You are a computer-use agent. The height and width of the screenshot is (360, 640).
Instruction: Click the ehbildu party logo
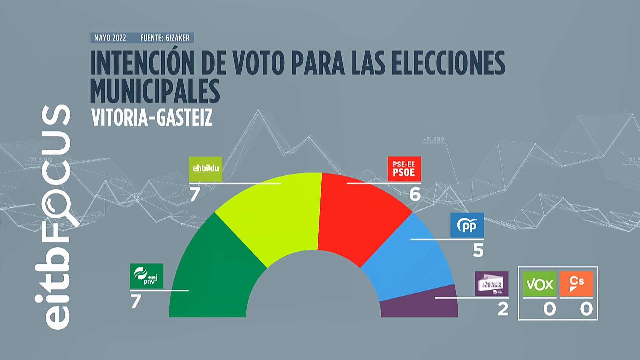206,169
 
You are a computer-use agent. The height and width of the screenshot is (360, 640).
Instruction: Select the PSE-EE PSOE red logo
404,169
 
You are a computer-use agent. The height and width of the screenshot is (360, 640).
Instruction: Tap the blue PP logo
467,225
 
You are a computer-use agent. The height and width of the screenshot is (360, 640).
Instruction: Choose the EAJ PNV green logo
146,276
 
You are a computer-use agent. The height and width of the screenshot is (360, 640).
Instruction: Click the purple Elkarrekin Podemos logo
492,283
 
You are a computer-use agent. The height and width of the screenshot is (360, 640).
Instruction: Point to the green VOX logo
539,284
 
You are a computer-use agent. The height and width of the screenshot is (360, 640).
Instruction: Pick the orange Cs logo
576,284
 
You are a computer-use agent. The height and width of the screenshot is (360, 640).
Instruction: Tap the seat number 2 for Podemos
503,309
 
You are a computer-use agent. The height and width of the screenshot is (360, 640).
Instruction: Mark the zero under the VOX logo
549,309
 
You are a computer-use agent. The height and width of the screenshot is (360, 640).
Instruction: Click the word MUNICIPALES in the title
155,91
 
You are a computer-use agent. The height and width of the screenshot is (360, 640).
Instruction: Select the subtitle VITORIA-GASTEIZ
152,118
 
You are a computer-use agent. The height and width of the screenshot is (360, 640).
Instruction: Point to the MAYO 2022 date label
110,38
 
